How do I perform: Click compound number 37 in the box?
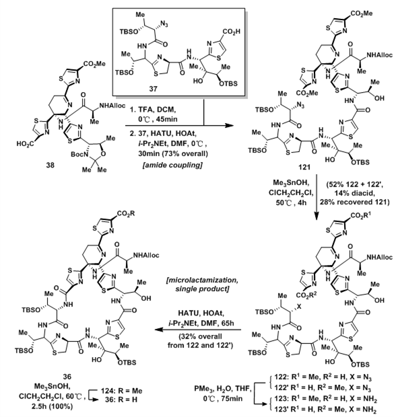[153, 88]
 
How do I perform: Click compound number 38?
[50, 165]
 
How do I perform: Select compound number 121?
[304, 167]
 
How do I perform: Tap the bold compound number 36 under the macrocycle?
[67, 377]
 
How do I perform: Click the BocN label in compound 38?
[77, 155]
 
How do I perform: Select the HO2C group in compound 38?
[26, 144]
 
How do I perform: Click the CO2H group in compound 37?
[231, 32]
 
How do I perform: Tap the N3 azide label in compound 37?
[164, 25]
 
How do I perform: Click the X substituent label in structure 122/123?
[299, 307]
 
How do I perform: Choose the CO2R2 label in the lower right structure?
[307, 295]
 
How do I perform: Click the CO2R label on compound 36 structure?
[125, 214]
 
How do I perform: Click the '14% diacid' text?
[355, 193]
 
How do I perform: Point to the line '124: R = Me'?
[121, 391]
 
